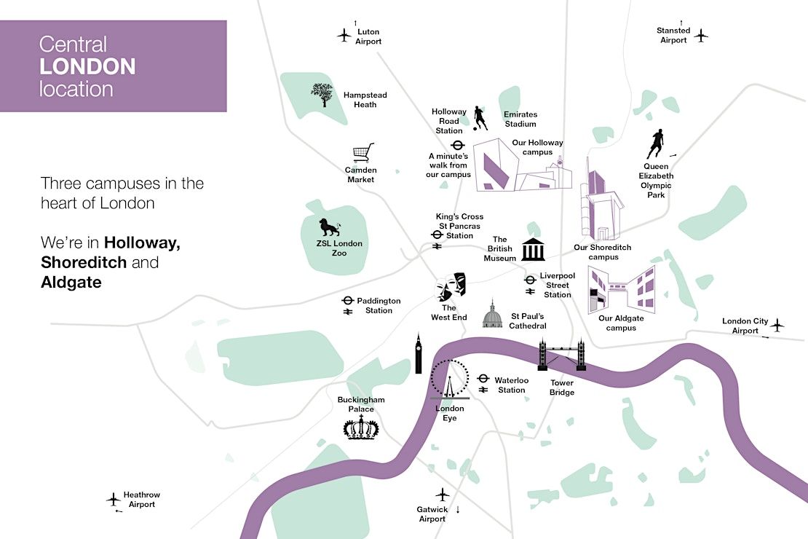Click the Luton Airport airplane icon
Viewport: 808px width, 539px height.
[344, 36]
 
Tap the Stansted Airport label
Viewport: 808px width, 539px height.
[673, 35]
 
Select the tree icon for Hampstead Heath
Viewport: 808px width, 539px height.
[324, 95]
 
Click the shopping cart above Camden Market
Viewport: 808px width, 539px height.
[363, 153]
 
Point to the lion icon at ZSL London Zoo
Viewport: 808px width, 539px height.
[329, 227]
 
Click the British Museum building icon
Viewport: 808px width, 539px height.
[533, 250]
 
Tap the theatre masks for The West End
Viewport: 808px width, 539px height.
[451, 287]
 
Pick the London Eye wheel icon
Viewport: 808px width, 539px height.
[449, 379]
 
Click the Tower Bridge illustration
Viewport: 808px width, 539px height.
[562, 354]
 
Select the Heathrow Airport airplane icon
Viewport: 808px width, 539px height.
[114, 499]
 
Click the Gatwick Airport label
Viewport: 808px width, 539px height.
[432, 514]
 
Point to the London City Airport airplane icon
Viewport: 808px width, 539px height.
[777, 325]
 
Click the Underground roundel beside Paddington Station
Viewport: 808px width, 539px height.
[348, 301]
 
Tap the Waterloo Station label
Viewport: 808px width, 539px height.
[511, 385]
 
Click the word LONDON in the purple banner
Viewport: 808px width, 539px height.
[87, 66]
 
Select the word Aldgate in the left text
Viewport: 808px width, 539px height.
[71, 283]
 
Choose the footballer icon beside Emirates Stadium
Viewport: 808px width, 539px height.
[480, 118]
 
